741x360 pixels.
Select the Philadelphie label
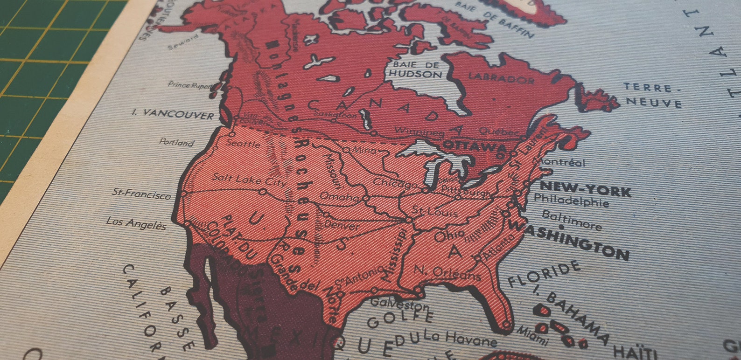pos(571,200)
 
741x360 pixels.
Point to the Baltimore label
pos(572,220)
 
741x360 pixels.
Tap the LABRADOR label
pos(501,78)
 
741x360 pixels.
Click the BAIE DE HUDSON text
pos(415,69)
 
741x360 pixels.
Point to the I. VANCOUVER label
pos(173,114)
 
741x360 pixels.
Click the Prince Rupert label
pos(190,85)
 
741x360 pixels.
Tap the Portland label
pos(176,142)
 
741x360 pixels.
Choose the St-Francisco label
pos(142,194)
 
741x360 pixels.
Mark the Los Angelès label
pos(136,223)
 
